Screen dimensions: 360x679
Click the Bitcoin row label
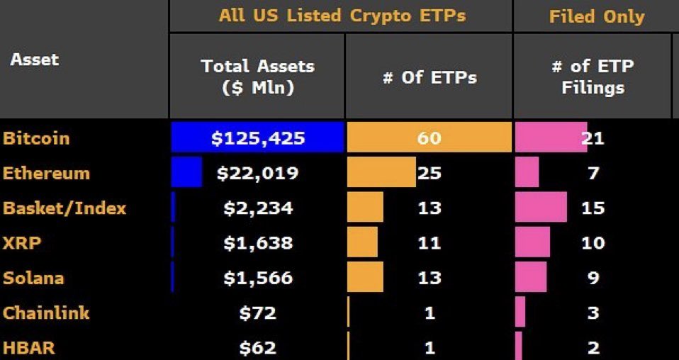click(36, 138)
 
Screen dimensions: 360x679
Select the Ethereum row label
click(46, 173)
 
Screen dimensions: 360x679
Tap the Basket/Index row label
click(64, 208)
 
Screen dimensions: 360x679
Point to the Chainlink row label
click(46, 313)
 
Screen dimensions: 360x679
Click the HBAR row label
click(29, 348)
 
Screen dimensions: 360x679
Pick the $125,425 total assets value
click(258, 138)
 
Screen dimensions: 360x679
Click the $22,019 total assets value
click(258, 173)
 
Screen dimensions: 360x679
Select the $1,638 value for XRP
click(258, 243)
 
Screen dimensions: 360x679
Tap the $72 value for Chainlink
click(258, 313)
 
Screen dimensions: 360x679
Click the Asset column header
click(34, 60)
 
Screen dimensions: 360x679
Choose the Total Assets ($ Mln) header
click(257, 77)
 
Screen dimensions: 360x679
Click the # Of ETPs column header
click(430, 77)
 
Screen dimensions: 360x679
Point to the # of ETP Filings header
click(593, 77)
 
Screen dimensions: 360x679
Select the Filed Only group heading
click(596, 16)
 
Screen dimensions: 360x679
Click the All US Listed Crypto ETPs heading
click(342, 16)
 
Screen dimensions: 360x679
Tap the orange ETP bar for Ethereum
click(381, 172)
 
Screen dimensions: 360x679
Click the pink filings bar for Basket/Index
click(541, 207)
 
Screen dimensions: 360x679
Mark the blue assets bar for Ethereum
click(186, 172)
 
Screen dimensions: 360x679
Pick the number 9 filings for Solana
click(593, 278)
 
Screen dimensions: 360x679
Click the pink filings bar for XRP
click(532, 242)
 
